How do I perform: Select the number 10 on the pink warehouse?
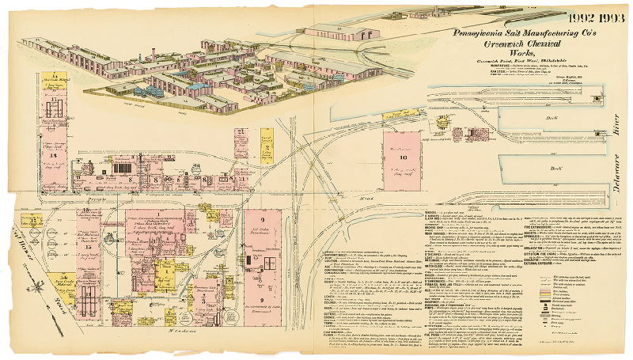[x=403, y=157]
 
